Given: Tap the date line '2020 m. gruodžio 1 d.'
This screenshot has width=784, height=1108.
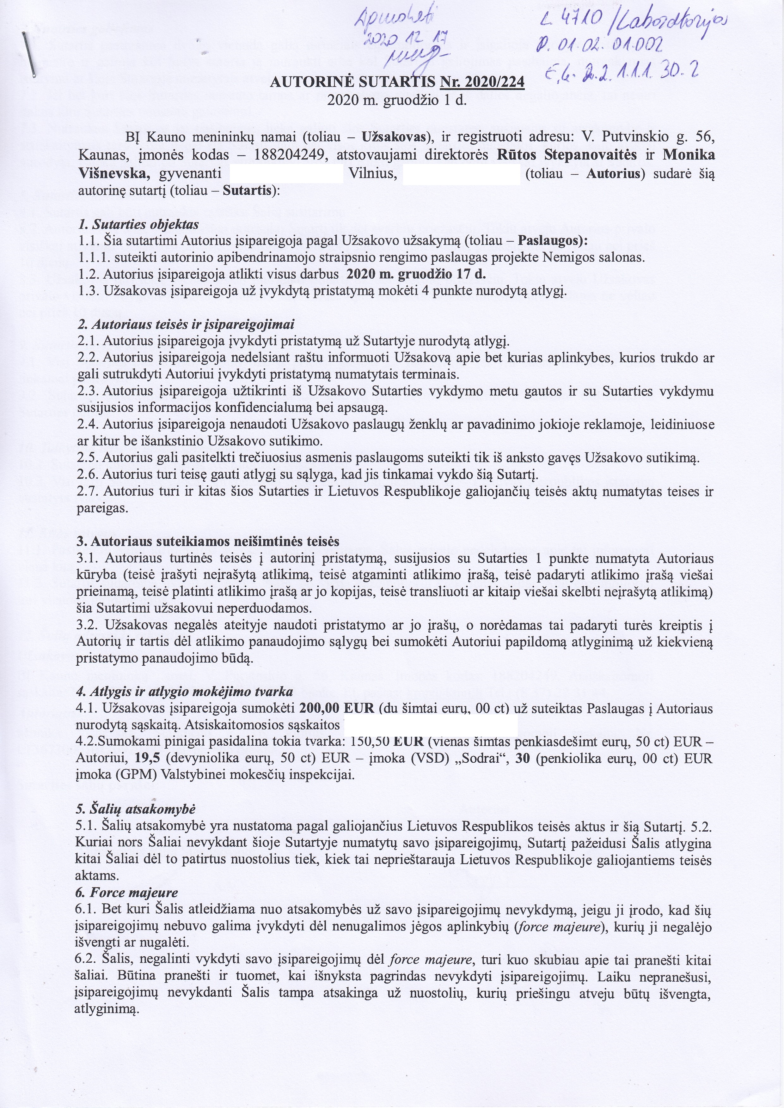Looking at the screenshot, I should tap(396, 102).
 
